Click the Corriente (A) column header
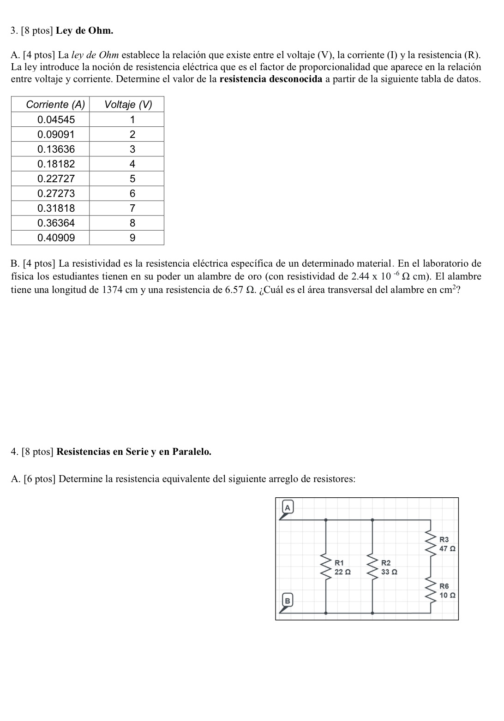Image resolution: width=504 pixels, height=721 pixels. tap(55, 105)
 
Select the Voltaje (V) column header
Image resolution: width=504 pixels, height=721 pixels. tap(128, 105)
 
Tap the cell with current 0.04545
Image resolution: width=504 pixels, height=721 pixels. tap(56, 120)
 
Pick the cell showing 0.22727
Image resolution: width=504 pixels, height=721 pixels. tap(56, 179)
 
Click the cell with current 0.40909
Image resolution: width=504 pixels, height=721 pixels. tap(56, 238)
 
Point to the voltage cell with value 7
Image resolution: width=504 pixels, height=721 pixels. tap(132, 208)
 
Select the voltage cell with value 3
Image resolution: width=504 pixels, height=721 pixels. tap(132, 149)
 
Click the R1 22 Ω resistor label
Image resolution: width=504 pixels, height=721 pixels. tap(342, 567)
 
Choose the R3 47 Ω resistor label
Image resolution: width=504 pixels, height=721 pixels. tap(447, 544)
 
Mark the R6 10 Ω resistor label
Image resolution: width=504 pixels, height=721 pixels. tap(447, 590)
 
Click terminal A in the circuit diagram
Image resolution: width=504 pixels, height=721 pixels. tap(287, 508)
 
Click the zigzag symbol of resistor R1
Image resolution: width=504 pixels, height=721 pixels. tap(327, 567)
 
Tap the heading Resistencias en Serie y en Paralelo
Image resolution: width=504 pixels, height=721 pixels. tap(134, 452)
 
